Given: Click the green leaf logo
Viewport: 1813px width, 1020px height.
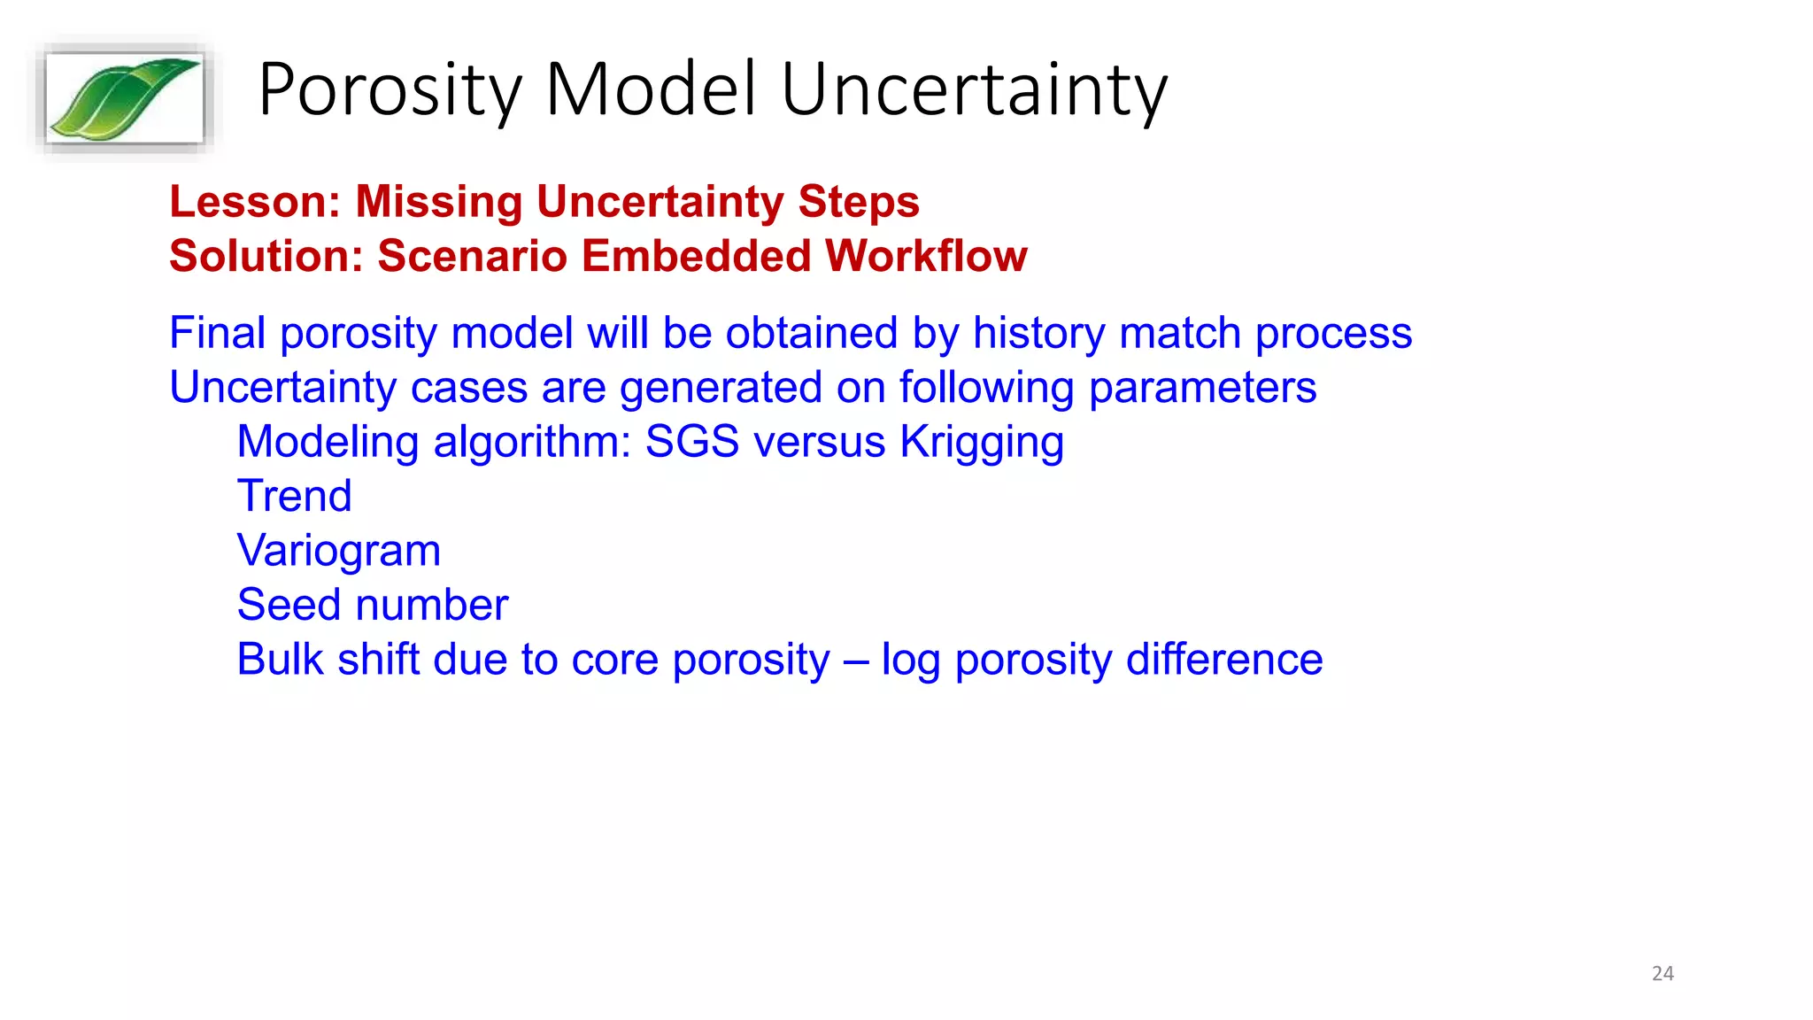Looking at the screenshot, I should (124, 97).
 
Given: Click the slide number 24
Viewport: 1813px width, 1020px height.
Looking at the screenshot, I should (1663, 973).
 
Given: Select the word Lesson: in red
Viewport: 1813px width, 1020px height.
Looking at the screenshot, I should (255, 202).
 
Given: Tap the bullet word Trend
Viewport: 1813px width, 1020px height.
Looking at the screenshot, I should (294, 496).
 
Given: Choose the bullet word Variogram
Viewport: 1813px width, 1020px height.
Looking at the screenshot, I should (338, 551).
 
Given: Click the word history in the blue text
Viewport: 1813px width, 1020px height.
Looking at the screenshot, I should (1038, 334).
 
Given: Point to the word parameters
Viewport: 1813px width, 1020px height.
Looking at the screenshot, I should (1202, 389).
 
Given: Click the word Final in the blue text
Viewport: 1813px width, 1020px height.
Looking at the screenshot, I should (217, 334).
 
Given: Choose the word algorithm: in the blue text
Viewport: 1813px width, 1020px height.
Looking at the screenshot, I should (531, 442).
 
